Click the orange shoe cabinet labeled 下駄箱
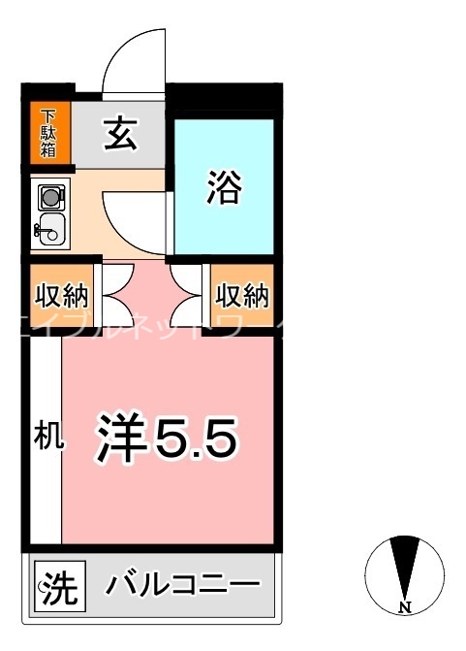tap(48, 133)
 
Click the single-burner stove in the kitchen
tap(49, 198)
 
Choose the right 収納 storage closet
tap(241, 293)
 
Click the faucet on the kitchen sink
tap(40, 230)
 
